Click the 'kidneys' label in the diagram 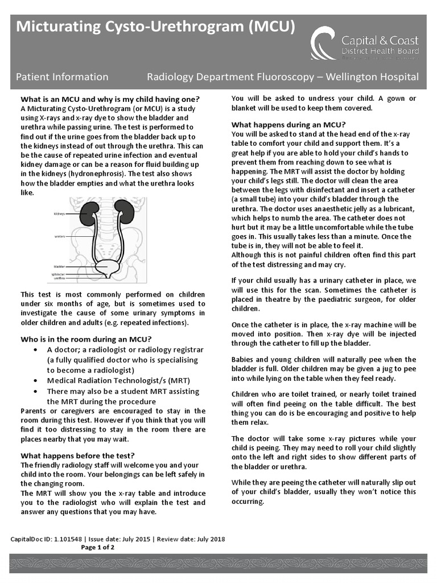click(59, 214)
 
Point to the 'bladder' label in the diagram click(59, 266)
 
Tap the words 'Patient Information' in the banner click(62, 76)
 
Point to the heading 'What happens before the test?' click(77, 455)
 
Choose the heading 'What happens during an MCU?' click(288, 125)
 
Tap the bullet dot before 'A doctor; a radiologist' click(37, 350)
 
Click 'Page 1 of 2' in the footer click(98, 548)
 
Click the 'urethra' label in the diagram click(59, 278)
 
